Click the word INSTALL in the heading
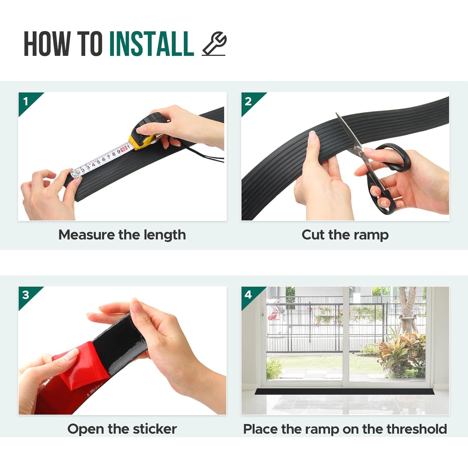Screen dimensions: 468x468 coord(152,44)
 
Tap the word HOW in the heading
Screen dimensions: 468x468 coord(47,44)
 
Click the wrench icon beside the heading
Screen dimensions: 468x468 coord(214,44)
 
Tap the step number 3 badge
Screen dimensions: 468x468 coord(26,295)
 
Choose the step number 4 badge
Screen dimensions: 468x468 coord(249,295)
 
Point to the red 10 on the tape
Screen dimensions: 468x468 coord(124,149)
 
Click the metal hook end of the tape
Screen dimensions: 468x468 coord(76,173)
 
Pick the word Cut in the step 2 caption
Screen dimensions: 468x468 coord(313,235)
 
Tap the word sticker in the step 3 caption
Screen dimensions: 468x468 coord(155,429)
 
